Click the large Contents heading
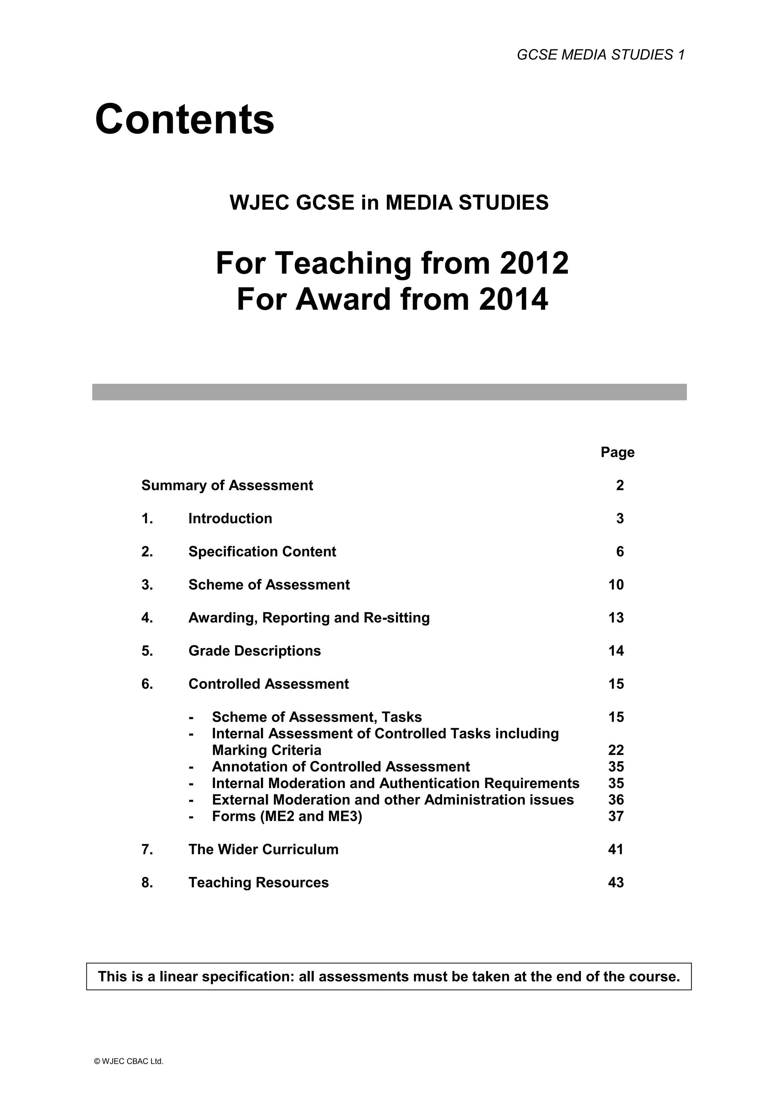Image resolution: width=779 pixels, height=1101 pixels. tap(185, 119)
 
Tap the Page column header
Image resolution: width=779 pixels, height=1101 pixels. tap(617, 452)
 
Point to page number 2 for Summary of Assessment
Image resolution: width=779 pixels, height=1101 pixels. tap(620, 485)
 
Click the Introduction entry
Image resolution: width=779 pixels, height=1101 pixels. tap(230, 518)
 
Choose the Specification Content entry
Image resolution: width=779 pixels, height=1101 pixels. tap(262, 551)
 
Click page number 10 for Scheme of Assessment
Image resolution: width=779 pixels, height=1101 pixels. tap(616, 585)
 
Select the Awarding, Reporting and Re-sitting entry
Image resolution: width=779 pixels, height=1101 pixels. tap(309, 618)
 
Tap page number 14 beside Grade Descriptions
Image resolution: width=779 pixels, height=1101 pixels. tap(616, 651)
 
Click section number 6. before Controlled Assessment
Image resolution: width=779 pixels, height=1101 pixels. tap(147, 684)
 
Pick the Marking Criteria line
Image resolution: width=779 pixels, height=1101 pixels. tap(266, 750)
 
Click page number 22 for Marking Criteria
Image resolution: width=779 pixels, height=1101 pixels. tap(616, 750)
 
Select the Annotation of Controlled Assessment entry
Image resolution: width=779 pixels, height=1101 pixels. tap(340, 767)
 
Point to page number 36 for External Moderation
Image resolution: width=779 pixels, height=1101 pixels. tap(616, 800)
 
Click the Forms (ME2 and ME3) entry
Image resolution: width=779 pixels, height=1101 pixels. tap(287, 816)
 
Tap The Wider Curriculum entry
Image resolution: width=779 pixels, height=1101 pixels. tap(263, 849)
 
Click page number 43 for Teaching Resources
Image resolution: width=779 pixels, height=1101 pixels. tap(616, 882)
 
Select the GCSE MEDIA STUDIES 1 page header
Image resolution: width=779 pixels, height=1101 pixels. tap(601, 55)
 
